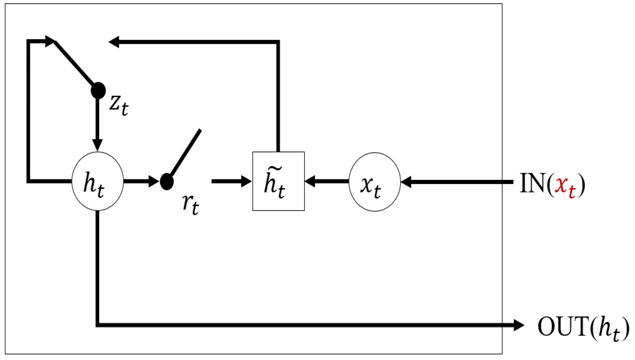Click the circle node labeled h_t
point(97,181)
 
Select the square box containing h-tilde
point(278,181)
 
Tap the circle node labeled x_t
point(374,182)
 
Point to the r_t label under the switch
point(190,204)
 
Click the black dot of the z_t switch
point(98,91)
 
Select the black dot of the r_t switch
point(167,182)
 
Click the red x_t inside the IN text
point(565,185)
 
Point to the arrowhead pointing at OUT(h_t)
point(519,325)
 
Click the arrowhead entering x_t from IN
point(406,182)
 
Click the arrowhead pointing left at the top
point(114,42)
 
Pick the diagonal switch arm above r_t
point(186,153)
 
